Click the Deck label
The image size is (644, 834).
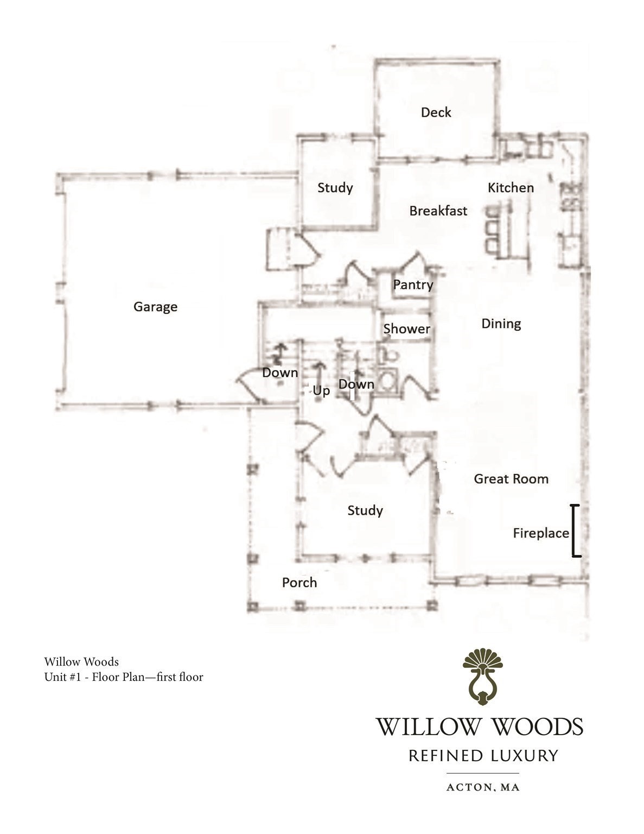tap(436, 112)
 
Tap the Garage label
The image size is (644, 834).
tap(155, 307)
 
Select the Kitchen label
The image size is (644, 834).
tap(511, 188)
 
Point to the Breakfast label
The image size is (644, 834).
tap(438, 211)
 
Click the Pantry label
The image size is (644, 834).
tap(413, 285)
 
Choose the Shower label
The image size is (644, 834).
tap(406, 328)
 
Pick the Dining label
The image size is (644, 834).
tap(501, 324)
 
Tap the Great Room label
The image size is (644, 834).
tap(511, 479)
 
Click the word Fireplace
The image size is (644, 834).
tap(540, 533)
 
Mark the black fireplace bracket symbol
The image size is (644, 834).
tap(575, 531)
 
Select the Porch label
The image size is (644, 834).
tap(299, 583)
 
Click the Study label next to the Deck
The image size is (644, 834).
tap(335, 188)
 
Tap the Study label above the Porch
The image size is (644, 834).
tap(365, 510)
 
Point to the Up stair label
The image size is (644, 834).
tap(321, 391)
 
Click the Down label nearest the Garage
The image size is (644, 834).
tap(280, 373)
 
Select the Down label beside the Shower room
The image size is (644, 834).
tap(356, 384)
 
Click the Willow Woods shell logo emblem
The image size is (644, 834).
tap(482, 675)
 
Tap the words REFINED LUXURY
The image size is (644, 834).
tap(483, 756)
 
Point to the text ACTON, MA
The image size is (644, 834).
tap(483, 787)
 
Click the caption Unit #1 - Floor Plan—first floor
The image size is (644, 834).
tap(124, 677)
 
